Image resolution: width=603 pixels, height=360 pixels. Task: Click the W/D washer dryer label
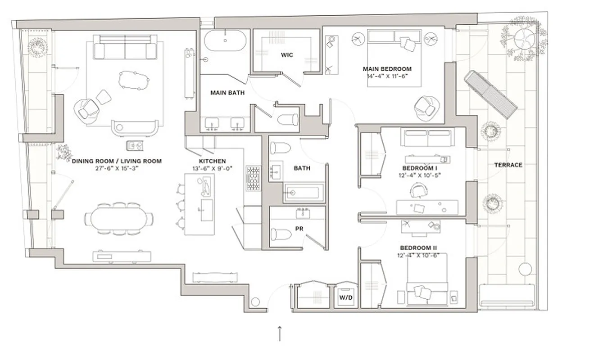[x=346, y=297]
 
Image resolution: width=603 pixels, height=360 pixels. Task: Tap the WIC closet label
[x=287, y=55]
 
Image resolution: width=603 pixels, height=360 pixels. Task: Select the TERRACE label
[x=508, y=165]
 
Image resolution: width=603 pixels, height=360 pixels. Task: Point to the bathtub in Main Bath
[x=226, y=41]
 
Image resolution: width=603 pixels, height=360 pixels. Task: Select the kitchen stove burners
[x=253, y=178]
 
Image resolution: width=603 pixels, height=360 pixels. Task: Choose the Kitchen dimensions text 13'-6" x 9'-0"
[x=212, y=169]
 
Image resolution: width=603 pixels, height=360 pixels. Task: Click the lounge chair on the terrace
[x=491, y=94]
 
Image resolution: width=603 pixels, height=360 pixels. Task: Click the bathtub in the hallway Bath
[x=304, y=193]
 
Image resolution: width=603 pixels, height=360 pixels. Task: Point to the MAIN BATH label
[x=227, y=93]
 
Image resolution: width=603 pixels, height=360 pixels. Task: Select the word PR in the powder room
[x=299, y=229]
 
